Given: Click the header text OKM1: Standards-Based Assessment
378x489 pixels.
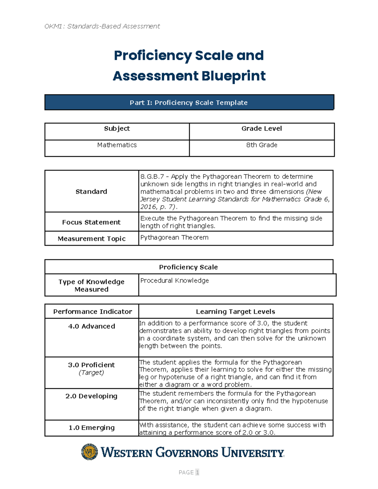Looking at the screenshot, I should [102, 26].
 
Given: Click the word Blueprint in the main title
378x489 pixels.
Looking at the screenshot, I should [233, 76].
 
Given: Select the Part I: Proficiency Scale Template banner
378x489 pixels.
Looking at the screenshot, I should [189, 103].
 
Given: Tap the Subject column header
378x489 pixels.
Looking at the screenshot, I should [117, 128].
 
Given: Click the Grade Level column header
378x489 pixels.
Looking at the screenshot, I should [261, 128].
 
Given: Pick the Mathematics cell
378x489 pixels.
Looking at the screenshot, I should [117, 145].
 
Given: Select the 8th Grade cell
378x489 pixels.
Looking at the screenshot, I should [261, 145].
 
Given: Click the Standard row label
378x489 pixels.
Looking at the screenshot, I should [91, 191].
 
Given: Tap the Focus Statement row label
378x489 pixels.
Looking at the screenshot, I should [91, 222].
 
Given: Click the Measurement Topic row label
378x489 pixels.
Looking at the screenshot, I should [91, 239].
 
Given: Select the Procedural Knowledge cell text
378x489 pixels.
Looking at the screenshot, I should [175, 281].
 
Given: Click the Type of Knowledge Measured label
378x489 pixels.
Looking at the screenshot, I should [91, 286].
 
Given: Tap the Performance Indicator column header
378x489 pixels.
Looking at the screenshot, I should [92, 312].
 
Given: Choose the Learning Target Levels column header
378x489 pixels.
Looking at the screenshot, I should [235, 312].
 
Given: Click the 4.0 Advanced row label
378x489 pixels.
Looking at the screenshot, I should [91, 327].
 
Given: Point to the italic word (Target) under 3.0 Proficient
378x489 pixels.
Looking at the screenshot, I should [91, 373].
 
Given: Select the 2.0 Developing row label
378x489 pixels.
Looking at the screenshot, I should [91, 396].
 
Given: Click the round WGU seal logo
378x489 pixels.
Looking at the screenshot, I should [89, 452].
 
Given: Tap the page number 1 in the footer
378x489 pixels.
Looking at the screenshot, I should [197, 472].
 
